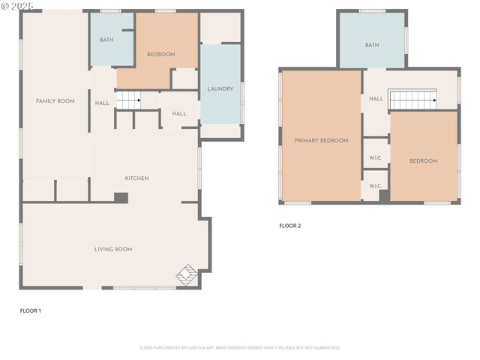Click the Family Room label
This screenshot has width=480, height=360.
coord(55,100)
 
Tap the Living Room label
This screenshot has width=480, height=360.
coord(113,249)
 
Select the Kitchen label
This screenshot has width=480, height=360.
coord(136,178)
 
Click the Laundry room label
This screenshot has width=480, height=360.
coord(220,89)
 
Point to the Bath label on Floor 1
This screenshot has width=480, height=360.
coord(106,40)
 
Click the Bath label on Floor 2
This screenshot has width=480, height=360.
coord(372,45)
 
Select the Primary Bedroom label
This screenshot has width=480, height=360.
coord(321,140)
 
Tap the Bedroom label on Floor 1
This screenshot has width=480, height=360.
coord(160,54)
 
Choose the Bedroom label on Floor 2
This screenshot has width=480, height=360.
coord(423,160)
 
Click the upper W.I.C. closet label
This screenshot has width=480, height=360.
coord(376,157)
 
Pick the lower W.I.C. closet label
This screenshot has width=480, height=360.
coord(376,186)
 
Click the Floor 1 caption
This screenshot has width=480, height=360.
coord(30,310)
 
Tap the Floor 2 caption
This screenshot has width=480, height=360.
coord(289,225)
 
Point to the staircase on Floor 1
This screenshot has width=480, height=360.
coord(129,98)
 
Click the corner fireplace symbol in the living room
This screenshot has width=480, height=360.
coord(187,275)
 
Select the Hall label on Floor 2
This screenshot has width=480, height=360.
coord(376,98)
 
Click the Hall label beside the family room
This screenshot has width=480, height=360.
coord(103,103)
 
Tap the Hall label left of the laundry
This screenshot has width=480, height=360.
coord(179,113)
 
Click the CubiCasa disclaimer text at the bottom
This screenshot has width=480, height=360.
coord(240,347)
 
